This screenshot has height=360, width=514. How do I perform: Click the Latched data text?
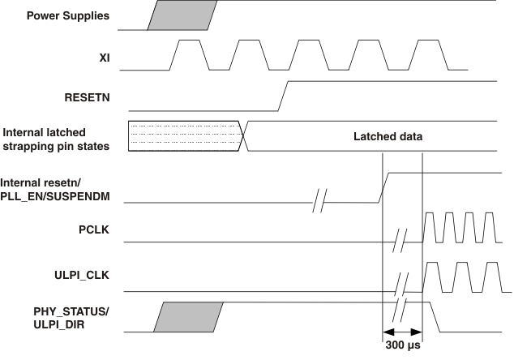click(x=388, y=136)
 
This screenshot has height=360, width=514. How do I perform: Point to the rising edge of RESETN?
click(x=282, y=95)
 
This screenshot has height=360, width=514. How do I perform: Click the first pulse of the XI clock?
click(x=188, y=54)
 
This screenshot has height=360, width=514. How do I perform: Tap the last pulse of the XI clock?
click(x=426, y=54)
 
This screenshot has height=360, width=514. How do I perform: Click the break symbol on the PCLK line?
click(x=400, y=241)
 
